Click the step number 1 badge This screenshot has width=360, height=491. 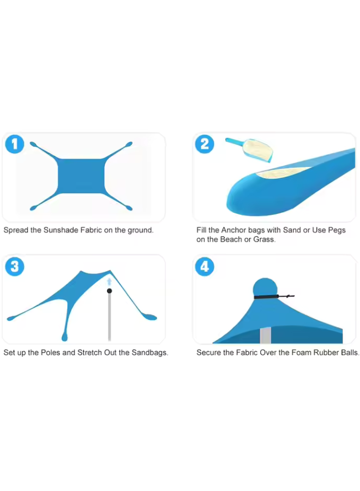15,144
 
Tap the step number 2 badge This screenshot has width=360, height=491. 205,144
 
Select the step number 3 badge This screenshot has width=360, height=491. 15,266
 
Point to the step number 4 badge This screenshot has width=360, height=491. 205,266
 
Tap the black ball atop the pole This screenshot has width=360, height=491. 109,291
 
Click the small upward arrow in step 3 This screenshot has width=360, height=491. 109,282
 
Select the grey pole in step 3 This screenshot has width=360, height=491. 109,317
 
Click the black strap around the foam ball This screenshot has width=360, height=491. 274,297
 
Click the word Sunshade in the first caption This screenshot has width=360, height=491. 61,230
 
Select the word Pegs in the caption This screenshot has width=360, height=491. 337,230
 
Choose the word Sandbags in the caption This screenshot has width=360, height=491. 149,352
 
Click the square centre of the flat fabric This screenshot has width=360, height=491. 81,176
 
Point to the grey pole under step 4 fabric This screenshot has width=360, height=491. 265,335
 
